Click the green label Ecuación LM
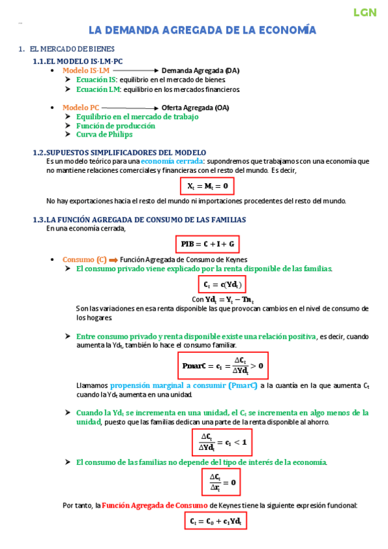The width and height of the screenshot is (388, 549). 97,89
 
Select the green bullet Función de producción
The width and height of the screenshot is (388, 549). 115,126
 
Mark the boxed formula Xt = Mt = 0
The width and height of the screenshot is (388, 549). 207,186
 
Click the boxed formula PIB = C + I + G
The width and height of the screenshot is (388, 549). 207,244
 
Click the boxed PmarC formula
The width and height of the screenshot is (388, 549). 223,366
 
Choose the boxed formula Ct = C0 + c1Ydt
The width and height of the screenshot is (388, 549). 216,521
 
